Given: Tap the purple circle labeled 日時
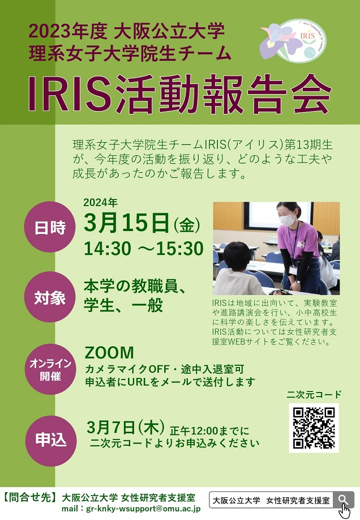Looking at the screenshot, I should point(50,227).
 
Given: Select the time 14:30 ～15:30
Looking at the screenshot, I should point(144,248).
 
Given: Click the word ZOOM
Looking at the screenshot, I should point(109,353).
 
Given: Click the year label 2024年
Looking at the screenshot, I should point(100,202).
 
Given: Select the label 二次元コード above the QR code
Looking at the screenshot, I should point(315,394).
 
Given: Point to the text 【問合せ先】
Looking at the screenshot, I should point(30,498).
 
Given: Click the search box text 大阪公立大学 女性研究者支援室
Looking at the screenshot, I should point(271,501).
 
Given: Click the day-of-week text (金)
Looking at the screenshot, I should point(187,226).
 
